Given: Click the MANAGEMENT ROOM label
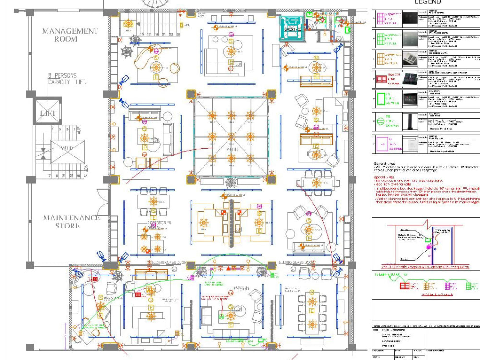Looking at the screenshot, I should [x=70, y=35].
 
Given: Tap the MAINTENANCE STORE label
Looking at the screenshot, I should [x=72, y=222].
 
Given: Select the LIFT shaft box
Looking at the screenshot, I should [x=47, y=113].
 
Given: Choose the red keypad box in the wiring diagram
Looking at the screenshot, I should [x=405, y=285].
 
